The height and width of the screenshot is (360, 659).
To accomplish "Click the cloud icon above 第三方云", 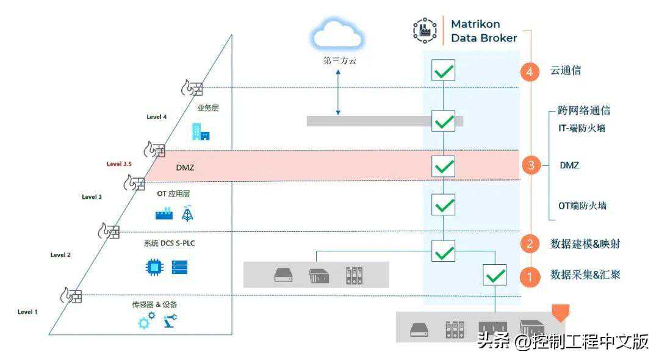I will [337, 35].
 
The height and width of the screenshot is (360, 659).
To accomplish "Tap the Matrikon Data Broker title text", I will [483, 31].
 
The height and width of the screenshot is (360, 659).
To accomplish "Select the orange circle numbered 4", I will [530, 71].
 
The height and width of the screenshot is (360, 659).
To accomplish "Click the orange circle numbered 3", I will [531, 165].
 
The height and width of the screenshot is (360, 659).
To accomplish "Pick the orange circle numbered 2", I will [530, 244].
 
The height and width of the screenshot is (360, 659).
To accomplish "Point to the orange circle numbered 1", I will [530, 276].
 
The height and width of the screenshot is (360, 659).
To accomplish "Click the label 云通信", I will [565, 70].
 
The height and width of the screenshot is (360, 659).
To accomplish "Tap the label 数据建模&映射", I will [585, 243].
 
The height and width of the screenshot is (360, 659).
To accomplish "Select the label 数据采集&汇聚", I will [585, 275].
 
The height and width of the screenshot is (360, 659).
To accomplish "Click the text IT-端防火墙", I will [582, 128].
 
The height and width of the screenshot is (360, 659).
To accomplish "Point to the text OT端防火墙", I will [582, 206].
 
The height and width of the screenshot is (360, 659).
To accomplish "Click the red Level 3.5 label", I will [119, 164].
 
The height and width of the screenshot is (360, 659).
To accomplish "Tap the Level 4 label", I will [156, 117].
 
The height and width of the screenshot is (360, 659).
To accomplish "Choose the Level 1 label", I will [27, 312].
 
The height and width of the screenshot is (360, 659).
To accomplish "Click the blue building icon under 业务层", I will [200, 131].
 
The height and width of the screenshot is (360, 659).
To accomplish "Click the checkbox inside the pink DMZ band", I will [444, 165].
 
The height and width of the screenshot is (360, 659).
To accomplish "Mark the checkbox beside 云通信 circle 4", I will [444, 70].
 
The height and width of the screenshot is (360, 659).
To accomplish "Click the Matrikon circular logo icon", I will [425, 30].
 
